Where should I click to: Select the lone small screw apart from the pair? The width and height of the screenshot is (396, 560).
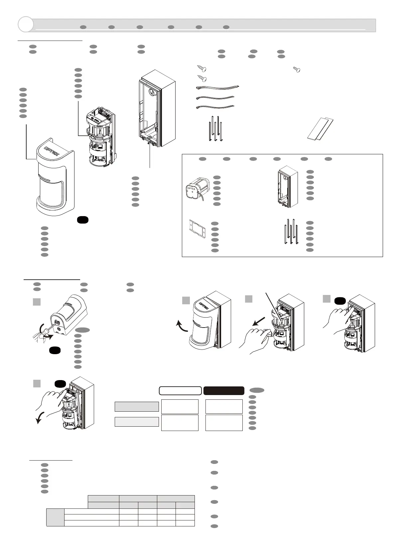[296, 69]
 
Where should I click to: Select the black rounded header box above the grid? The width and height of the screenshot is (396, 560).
[224, 390]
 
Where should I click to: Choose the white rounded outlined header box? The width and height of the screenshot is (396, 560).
[180, 390]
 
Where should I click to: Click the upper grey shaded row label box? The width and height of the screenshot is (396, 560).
[137, 406]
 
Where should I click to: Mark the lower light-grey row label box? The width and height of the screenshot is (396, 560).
[137, 422]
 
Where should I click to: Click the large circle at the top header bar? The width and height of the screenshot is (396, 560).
[26, 24]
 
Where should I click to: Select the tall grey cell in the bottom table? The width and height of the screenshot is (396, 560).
[55, 517]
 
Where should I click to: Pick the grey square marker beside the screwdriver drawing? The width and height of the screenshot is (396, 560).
[37, 302]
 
